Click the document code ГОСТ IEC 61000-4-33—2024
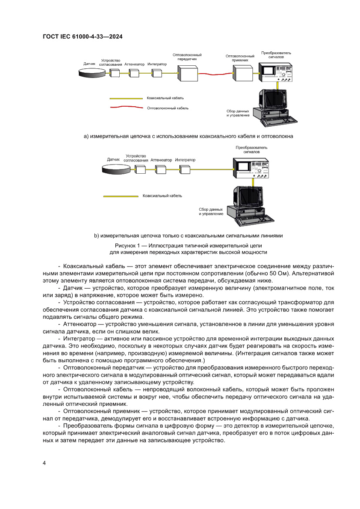click(x=82, y=37)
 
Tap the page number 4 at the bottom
click(x=44, y=463)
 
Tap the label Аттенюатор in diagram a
click(x=134, y=64)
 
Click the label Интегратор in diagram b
click(x=185, y=160)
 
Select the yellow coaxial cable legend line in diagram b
click(x=120, y=196)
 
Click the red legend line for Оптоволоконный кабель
click(x=126, y=108)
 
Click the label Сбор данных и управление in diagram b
click(x=211, y=212)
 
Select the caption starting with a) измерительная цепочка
click(x=188, y=136)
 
